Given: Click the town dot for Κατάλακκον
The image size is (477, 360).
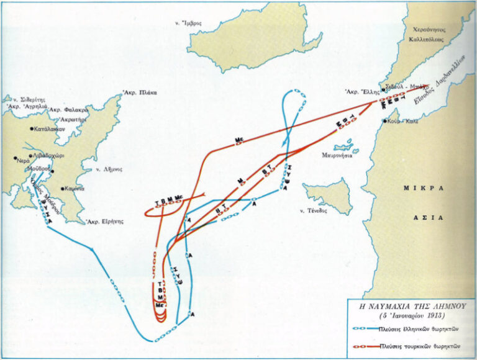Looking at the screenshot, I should pyautogui.click(x=32, y=129).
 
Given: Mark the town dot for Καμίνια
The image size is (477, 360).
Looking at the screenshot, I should pyautogui.click(x=63, y=188).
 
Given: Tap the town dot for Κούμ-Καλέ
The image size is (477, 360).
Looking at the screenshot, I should pyautogui.click(x=386, y=120).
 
